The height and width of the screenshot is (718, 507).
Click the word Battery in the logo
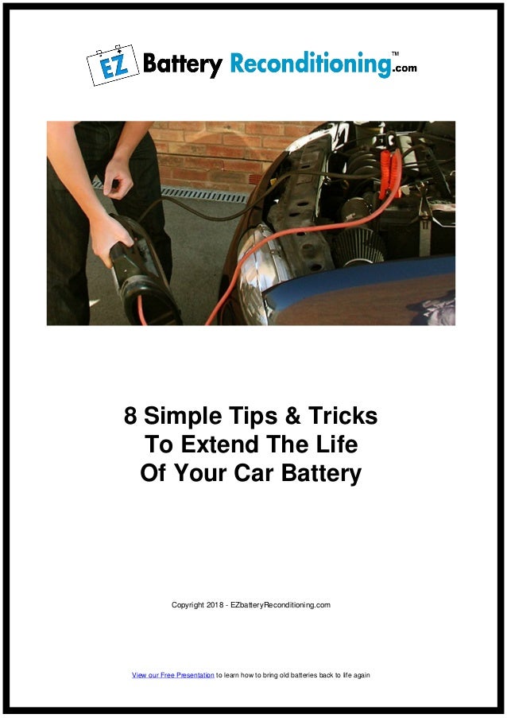coord(182,64)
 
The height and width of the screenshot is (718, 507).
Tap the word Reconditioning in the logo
coord(311,64)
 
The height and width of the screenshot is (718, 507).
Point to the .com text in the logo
coord(404,68)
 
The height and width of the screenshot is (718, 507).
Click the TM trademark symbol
coord(395,53)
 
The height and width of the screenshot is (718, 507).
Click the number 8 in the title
coord(130,416)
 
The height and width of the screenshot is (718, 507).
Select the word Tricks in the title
coord(340,416)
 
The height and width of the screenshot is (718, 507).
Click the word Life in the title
coord(338,444)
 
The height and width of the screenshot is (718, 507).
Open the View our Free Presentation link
coord(173,675)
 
